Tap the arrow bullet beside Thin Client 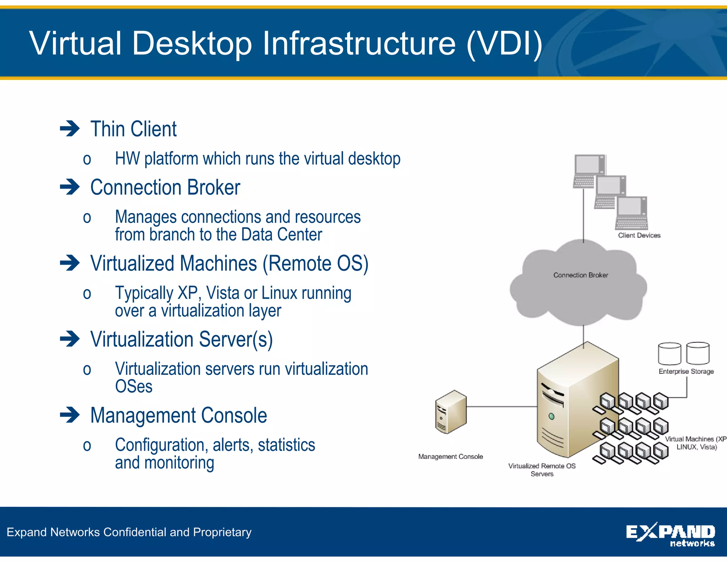70,129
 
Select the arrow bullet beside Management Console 70,415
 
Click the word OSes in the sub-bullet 133,387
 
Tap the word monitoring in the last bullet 179,463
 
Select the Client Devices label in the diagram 639,235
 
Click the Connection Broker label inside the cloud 580,275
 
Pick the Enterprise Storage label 686,371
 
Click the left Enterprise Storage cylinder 669,353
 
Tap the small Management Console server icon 450,412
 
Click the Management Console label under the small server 450,456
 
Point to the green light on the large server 551,416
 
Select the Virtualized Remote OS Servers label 542,470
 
